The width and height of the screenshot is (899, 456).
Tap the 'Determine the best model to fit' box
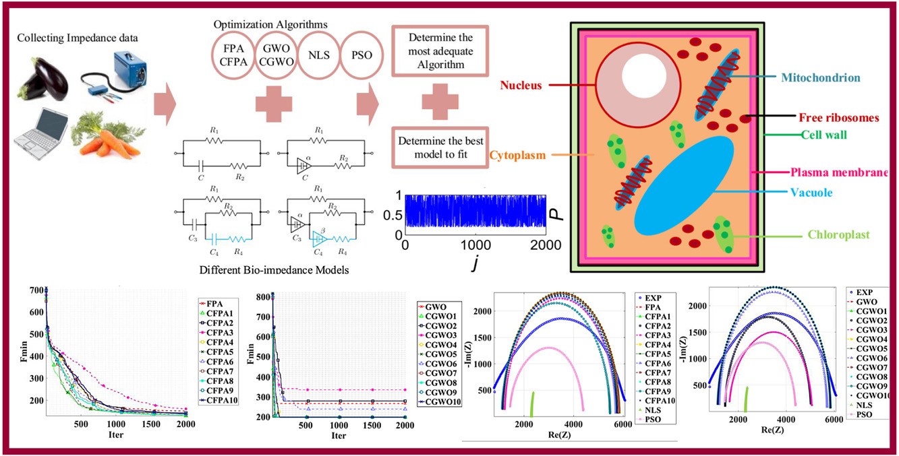click(x=440, y=150)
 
